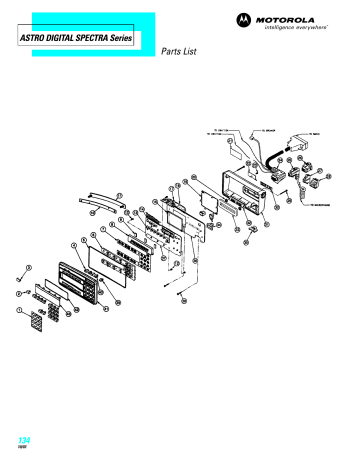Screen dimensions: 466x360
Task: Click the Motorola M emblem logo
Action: tap(246, 18)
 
